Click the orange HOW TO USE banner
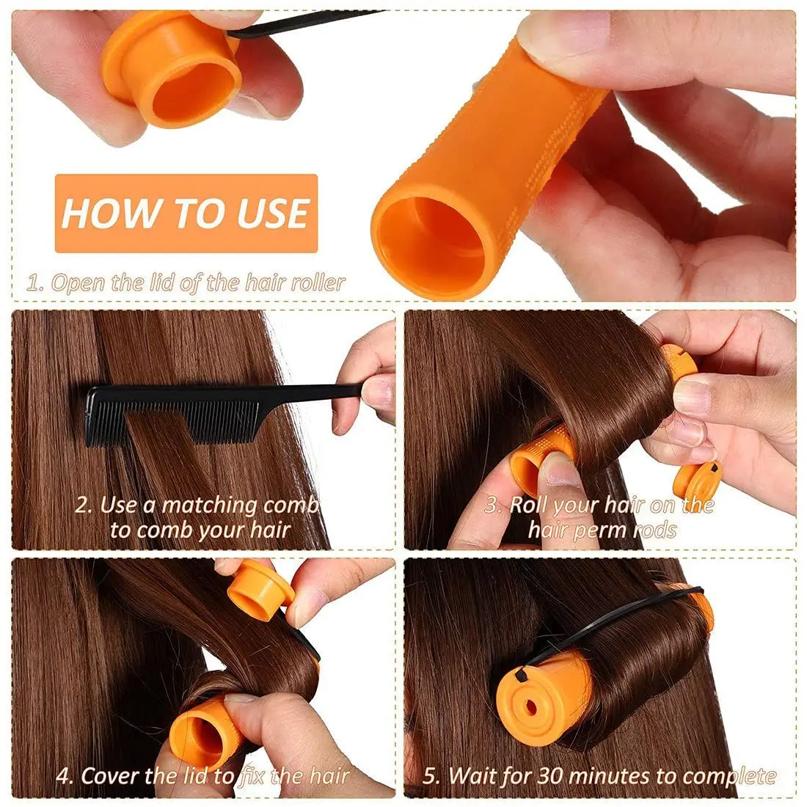pyautogui.click(x=186, y=213)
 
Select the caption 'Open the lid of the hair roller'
pyautogui.click(x=186, y=283)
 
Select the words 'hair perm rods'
pyautogui.click(x=602, y=529)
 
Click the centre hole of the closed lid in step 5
pyautogui.click(x=530, y=707)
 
